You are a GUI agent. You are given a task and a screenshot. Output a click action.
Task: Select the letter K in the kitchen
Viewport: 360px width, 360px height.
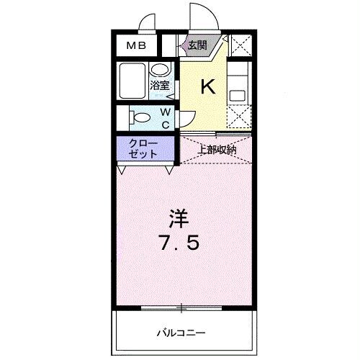point(207,86)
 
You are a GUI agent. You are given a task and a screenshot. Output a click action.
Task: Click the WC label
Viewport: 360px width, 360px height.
point(165,118)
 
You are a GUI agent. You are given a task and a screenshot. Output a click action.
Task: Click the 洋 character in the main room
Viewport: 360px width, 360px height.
point(180,216)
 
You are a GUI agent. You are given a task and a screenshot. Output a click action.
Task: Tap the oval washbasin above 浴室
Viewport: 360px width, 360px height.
point(161,70)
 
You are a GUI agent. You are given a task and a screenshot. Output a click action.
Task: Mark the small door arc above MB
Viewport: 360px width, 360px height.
point(148,23)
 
